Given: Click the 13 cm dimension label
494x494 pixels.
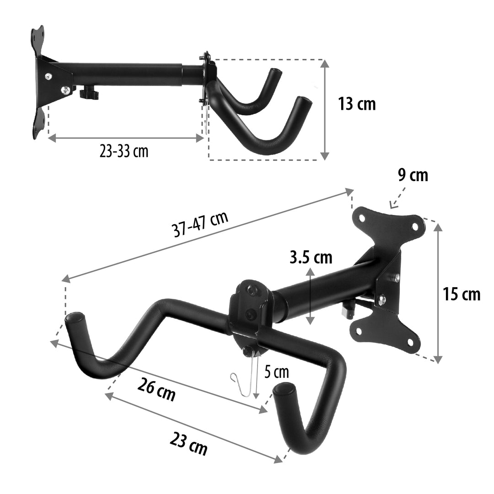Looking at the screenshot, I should click(x=356, y=104).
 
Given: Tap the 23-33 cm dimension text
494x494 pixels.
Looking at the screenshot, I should click(x=124, y=151).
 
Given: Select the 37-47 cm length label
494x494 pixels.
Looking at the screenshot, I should click(x=200, y=225).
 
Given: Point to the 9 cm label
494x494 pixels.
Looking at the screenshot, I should click(x=413, y=176).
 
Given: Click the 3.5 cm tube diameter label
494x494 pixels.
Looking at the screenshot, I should click(x=311, y=258).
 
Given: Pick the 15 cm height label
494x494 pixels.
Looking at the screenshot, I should click(x=462, y=294).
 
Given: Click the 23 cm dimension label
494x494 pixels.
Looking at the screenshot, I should click(x=188, y=443).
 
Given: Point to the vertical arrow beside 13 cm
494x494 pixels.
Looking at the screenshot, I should click(x=325, y=110).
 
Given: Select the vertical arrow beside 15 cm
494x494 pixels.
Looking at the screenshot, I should click(x=438, y=293).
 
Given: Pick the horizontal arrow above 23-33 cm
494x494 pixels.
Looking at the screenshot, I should click(x=126, y=137).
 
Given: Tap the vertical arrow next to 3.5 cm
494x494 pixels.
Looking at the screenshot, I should click(x=311, y=296).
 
